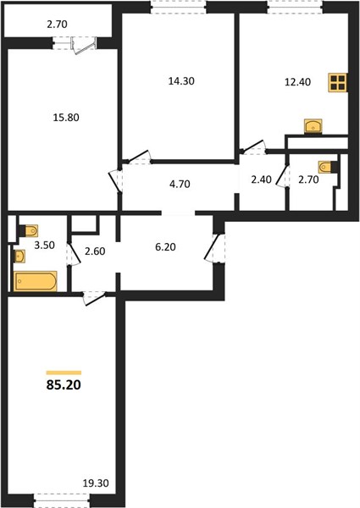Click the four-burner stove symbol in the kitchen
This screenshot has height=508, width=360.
click(x=337, y=82)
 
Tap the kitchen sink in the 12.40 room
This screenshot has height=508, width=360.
click(x=313, y=125)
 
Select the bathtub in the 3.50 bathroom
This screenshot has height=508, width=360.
click(x=36, y=281)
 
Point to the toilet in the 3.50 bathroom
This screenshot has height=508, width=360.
click(x=29, y=230)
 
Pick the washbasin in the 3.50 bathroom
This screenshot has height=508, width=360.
click(x=19, y=257)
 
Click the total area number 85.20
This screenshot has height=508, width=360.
click(x=64, y=385)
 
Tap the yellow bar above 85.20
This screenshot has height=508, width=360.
click(x=64, y=373)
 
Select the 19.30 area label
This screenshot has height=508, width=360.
click(x=96, y=483)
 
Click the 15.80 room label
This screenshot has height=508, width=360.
click(x=66, y=118)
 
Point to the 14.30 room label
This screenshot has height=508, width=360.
click(x=181, y=81)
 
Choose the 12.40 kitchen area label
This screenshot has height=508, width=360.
click(x=297, y=82)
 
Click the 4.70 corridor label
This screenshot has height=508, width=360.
click(x=180, y=185)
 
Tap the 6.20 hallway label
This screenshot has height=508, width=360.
click(x=165, y=247)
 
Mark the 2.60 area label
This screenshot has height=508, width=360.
click(x=95, y=251)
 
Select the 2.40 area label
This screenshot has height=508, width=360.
click(x=261, y=179)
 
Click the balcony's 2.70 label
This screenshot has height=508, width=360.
click(x=57, y=25)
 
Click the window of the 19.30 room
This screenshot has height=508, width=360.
click(x=62, y=500)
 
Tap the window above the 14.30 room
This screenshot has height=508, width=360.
click(x=179, y=7)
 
